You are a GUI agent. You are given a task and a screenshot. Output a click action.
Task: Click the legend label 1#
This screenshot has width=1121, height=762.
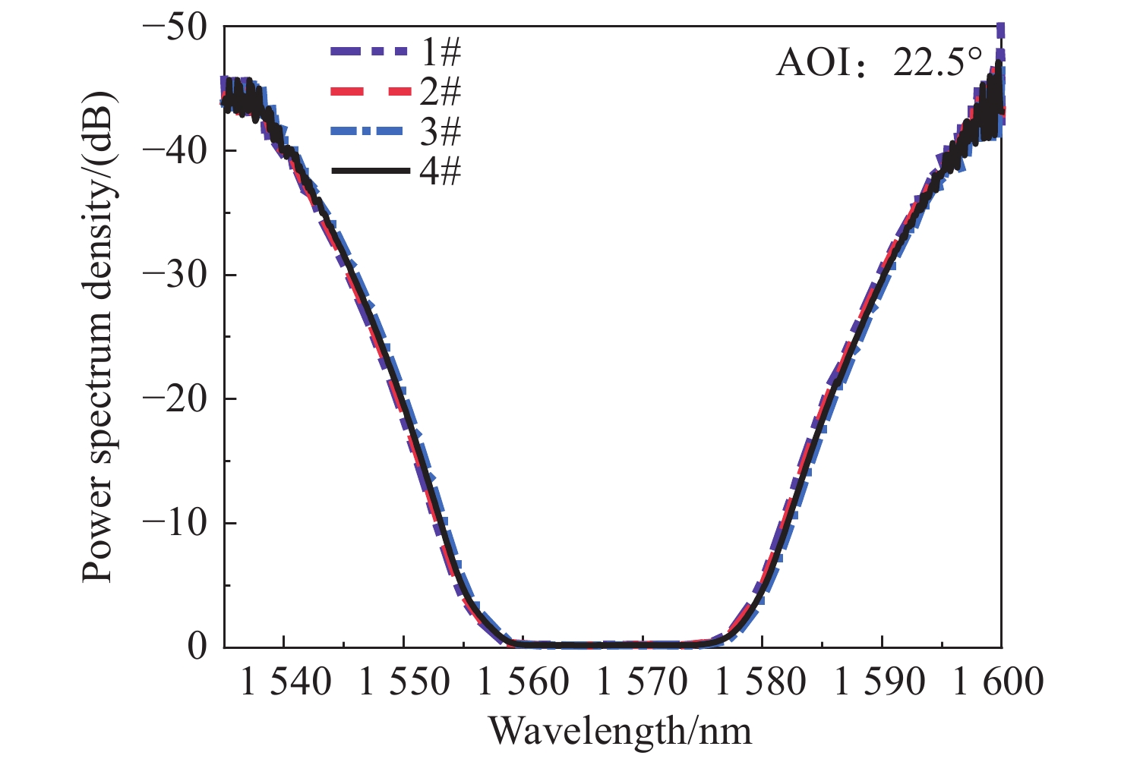440,53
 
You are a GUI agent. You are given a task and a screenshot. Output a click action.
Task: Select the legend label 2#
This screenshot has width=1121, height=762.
440,93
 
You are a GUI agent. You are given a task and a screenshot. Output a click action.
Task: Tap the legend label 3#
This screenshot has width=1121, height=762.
440,133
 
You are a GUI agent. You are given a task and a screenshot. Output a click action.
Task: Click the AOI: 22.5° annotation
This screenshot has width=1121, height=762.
879,62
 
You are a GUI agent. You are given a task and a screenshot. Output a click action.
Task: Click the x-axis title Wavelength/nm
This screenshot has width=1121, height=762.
620,732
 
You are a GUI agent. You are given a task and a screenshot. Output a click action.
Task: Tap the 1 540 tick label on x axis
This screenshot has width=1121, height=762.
286,682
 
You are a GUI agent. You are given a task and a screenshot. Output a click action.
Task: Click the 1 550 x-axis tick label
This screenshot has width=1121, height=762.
404,682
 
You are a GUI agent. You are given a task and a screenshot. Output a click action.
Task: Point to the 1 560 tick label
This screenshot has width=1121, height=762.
523,682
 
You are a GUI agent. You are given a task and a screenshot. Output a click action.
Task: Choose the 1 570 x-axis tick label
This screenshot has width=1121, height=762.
643,682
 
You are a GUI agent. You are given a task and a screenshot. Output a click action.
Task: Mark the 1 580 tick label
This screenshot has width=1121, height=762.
762,682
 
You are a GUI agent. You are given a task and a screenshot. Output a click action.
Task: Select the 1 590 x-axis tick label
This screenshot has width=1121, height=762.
881,682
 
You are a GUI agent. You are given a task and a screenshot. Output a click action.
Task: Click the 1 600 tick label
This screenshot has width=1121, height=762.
999,682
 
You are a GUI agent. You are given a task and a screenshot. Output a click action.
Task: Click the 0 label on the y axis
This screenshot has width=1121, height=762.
196,647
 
